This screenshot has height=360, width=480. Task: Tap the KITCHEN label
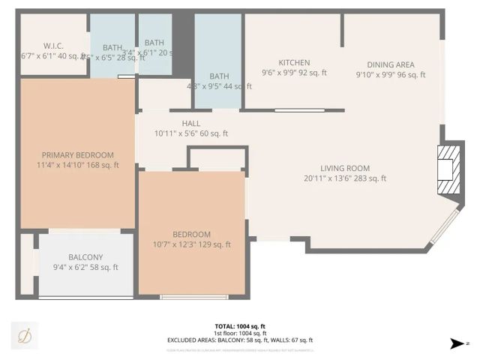[x=294, y=63]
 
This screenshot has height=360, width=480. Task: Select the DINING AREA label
[x=390, y=64]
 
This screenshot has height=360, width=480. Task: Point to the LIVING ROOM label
[x=345, y=168]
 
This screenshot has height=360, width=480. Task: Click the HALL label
[x=190, y=124]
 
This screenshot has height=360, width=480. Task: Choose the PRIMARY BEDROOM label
[x=78, y=155]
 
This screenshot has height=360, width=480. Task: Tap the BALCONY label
[x=85, y=257]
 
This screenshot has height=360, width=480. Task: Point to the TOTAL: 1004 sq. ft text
[x=240, y=326]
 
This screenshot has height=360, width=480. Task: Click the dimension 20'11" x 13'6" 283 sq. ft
[x=345, y=178]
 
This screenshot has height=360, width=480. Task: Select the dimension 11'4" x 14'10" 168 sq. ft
[x=78, y=165]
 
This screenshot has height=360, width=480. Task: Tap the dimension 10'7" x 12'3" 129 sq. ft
[x=191, y=244]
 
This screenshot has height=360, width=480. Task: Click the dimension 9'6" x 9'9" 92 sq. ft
[x=294, y=73]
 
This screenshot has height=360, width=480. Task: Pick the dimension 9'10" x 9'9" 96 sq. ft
[x=390, y=74]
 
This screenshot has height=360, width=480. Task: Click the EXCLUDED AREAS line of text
[x=240, y=340]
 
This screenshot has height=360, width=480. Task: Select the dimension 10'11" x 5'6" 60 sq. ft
[x=190, y=133]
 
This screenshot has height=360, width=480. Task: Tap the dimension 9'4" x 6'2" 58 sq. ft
[x=85, y=268]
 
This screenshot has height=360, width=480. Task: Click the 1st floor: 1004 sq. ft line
[x=240, y=333]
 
